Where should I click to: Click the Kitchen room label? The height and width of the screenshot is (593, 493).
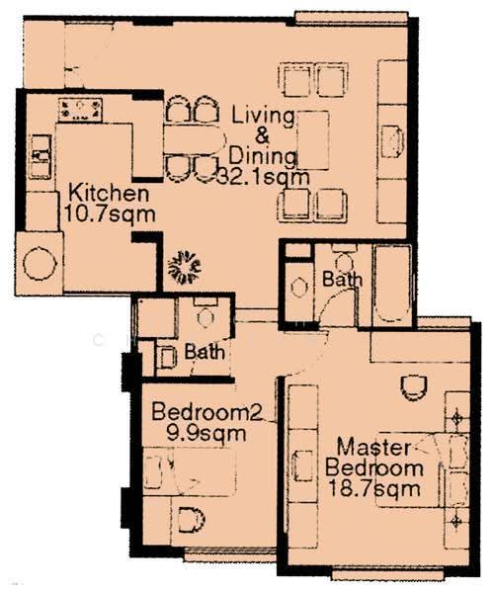(109, 193)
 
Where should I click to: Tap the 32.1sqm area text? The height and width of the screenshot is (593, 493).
(264, 177)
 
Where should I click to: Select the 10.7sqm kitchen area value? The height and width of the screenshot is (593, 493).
(110, 214)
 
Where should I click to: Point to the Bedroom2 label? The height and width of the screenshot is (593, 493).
(206, 411)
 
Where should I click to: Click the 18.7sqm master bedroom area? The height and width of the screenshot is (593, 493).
(374, 488)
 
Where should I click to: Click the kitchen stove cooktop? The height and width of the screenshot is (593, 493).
(80, 110)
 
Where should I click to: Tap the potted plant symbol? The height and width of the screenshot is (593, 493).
(185, 267)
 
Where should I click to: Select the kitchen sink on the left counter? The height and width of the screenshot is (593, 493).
(41, 157)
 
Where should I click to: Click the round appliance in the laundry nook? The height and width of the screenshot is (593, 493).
(40, 263)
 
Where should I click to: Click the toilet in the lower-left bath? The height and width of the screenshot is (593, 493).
(205, 313)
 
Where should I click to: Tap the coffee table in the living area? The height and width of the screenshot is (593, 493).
(313, 140)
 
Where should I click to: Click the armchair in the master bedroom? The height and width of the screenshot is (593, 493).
(414, 388)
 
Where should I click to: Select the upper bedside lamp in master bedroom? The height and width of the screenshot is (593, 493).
(457, 418)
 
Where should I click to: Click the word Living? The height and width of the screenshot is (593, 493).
(263, 116)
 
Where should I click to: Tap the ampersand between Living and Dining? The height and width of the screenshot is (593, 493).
(262, 136)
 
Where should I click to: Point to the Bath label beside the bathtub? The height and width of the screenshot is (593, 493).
(342, 280)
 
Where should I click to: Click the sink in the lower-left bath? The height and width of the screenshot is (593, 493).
(167, 358)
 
